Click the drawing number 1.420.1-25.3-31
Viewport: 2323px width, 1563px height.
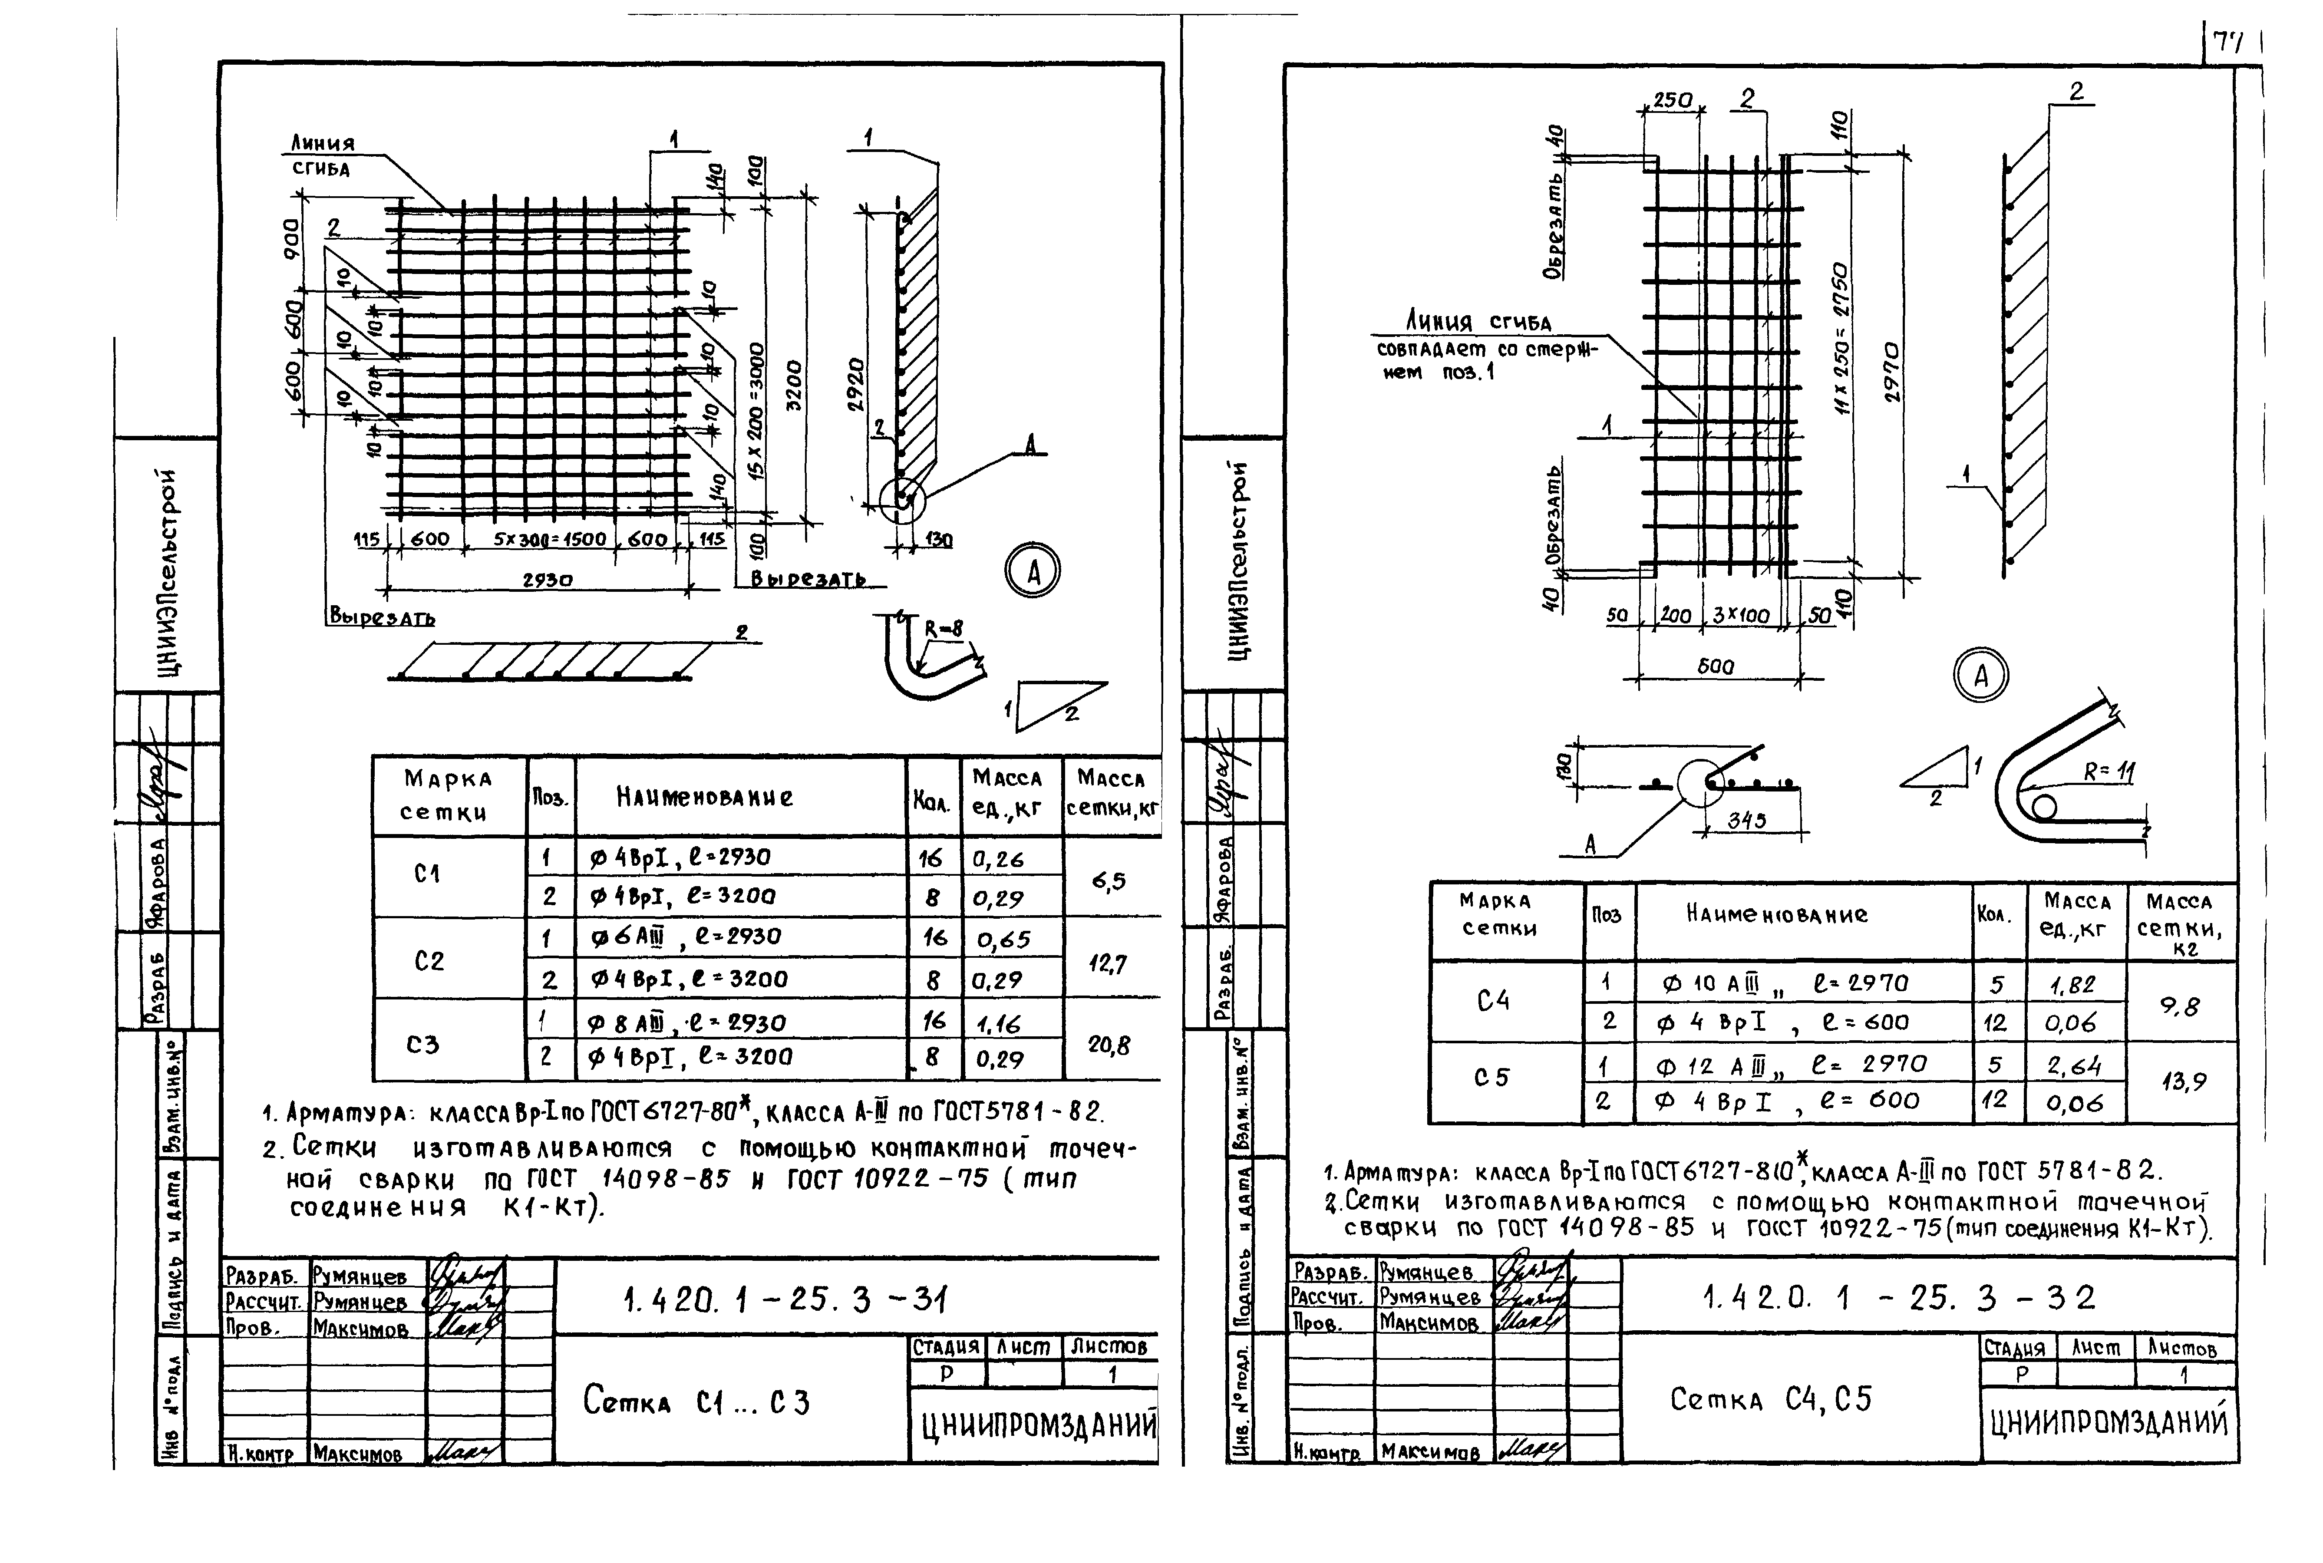tap(785, 1299)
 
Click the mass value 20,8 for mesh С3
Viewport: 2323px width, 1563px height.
tap(1109, 1045)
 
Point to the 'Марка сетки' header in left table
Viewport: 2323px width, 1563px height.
tap(448, 795)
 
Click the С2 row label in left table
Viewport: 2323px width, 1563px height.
tap(429, 961)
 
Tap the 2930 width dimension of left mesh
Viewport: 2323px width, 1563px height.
tap(548, 579)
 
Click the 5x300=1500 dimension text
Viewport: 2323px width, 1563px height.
tap(549, 539)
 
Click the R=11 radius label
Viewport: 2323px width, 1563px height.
tap(2108, 771)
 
